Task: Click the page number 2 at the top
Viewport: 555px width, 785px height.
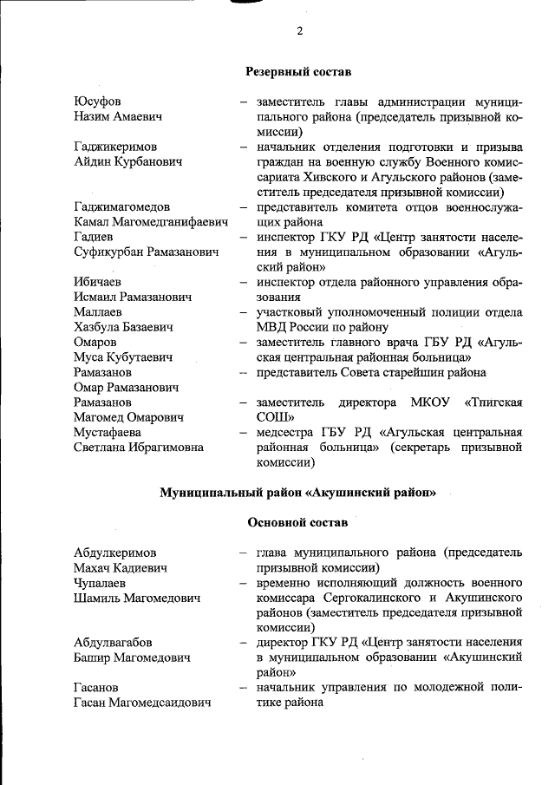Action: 299,31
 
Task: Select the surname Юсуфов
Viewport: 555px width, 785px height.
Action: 98,101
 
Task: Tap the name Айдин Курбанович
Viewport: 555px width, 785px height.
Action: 127,161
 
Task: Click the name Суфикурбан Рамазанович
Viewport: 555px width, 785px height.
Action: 146,252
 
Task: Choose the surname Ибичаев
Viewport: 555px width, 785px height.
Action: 98,282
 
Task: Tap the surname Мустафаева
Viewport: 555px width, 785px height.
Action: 109,432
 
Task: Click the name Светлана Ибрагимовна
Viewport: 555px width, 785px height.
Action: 139,447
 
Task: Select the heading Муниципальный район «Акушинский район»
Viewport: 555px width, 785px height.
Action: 297,493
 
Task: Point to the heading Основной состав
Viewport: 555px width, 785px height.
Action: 297,523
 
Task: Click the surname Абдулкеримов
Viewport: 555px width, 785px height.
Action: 115,553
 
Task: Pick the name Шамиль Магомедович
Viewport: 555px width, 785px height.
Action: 138,598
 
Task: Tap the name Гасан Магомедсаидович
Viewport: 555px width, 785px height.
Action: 143,703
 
